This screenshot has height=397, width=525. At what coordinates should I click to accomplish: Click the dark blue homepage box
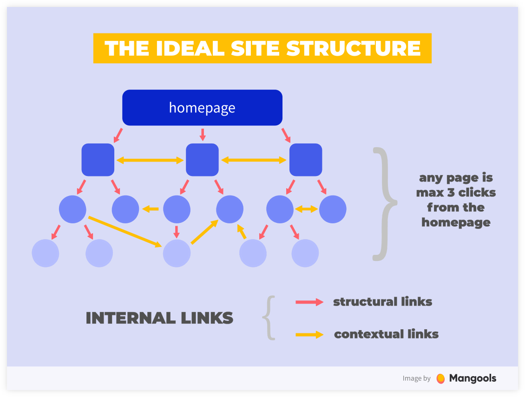pyautogui.click(x=202, y=107)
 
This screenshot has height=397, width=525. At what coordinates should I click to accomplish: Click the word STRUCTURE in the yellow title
pyautogui.click(x=353, y=48)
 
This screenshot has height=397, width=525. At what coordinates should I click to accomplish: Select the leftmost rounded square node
pyautogui.click(x=98, y=160)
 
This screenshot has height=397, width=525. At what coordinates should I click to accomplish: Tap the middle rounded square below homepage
pyautogui.click(x=202, y=160)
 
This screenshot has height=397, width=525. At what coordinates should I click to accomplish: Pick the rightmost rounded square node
pyautogui.click(x=306, y=160)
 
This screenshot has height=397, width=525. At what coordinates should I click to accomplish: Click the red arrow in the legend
pyautogui.click(x=309, y=302)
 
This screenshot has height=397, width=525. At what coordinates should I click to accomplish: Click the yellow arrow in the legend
pyautogui.click(x=309, y=334)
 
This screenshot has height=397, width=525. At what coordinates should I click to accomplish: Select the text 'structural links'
pyautogui.click(x=382, y=302)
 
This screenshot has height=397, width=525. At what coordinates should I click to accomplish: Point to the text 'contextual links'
pyautogui.click(x=386, y=334)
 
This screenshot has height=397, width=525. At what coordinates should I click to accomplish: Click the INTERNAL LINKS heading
pyautogui.click(x=159, y=318)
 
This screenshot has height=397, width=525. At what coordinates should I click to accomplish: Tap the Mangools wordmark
pyautogui.click(x=472, y=378)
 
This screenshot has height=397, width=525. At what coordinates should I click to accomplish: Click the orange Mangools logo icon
pyautogui.click(x=440, y=378)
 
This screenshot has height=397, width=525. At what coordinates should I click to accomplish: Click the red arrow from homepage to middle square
pyautogui.click(x=202, y=134)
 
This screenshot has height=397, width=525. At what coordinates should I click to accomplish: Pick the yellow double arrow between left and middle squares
pyautogui.click(x=150, y=160)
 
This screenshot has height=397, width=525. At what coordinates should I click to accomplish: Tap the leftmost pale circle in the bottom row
pyautogui.click(x=46, y=253)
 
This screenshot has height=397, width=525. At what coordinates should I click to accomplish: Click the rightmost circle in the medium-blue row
pyautogui.click(x=333, y=209)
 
